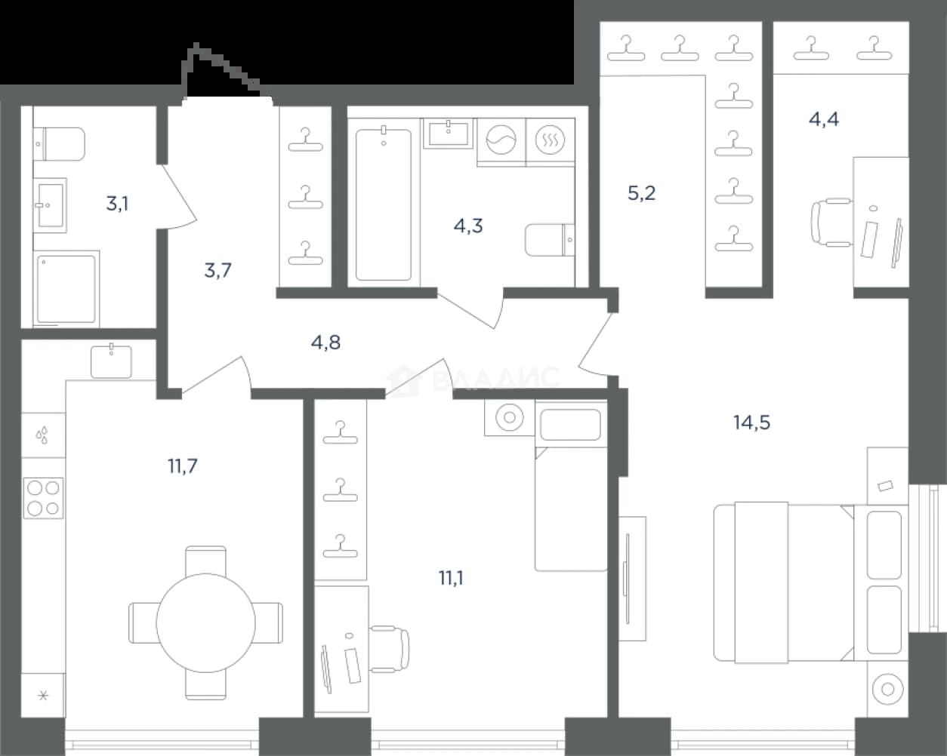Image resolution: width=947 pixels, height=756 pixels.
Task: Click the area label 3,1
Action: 118,204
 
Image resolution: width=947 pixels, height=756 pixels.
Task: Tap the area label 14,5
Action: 751,423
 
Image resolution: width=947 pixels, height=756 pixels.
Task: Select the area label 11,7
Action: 183,466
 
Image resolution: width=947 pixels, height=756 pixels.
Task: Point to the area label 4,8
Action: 325,342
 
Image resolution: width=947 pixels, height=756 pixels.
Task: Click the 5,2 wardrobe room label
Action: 642,193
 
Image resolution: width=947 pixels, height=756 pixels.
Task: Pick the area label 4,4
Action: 824,119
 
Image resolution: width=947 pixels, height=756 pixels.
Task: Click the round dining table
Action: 206,622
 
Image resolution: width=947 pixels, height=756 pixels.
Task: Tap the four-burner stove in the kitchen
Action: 43,498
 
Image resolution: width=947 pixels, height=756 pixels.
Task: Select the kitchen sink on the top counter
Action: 111,361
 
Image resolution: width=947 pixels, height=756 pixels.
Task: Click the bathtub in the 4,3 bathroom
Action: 384,204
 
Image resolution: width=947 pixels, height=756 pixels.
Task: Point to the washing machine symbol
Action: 501,140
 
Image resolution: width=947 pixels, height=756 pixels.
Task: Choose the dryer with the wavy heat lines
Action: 550,140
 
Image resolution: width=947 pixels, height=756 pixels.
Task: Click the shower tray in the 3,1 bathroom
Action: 66,289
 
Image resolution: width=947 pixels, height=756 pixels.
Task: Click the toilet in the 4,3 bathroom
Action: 550,240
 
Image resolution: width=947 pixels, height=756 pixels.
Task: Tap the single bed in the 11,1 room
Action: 571,490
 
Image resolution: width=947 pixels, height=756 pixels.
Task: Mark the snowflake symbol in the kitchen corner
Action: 43,696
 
